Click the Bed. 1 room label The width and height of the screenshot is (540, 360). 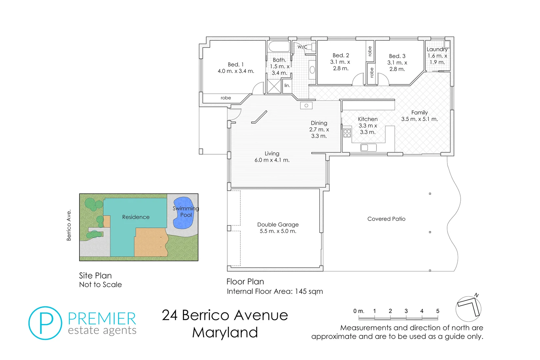[236, 65]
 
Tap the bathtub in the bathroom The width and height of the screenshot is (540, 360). [279, 46]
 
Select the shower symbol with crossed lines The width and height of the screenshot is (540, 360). [274, 86]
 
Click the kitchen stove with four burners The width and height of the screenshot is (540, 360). [347, 133]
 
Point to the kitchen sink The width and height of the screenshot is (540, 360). [368, 147]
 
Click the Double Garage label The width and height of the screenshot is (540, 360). [278, 225]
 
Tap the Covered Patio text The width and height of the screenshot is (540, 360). [386, 219]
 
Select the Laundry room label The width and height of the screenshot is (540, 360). [437, 49]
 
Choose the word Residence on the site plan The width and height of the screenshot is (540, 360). [136, 217]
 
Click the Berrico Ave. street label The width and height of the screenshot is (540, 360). [69, 225]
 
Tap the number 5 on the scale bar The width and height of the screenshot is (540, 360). [437, 311]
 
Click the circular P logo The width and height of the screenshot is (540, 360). [45, 323]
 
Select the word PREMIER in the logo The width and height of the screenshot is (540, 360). [102, 319]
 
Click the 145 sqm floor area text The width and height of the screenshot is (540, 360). [309, 291]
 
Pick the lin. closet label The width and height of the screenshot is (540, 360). [287, 86]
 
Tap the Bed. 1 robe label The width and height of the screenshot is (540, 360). [226, 98]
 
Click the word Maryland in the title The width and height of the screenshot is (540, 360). [225, 332]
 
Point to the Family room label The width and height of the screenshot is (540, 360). [419, 113]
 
